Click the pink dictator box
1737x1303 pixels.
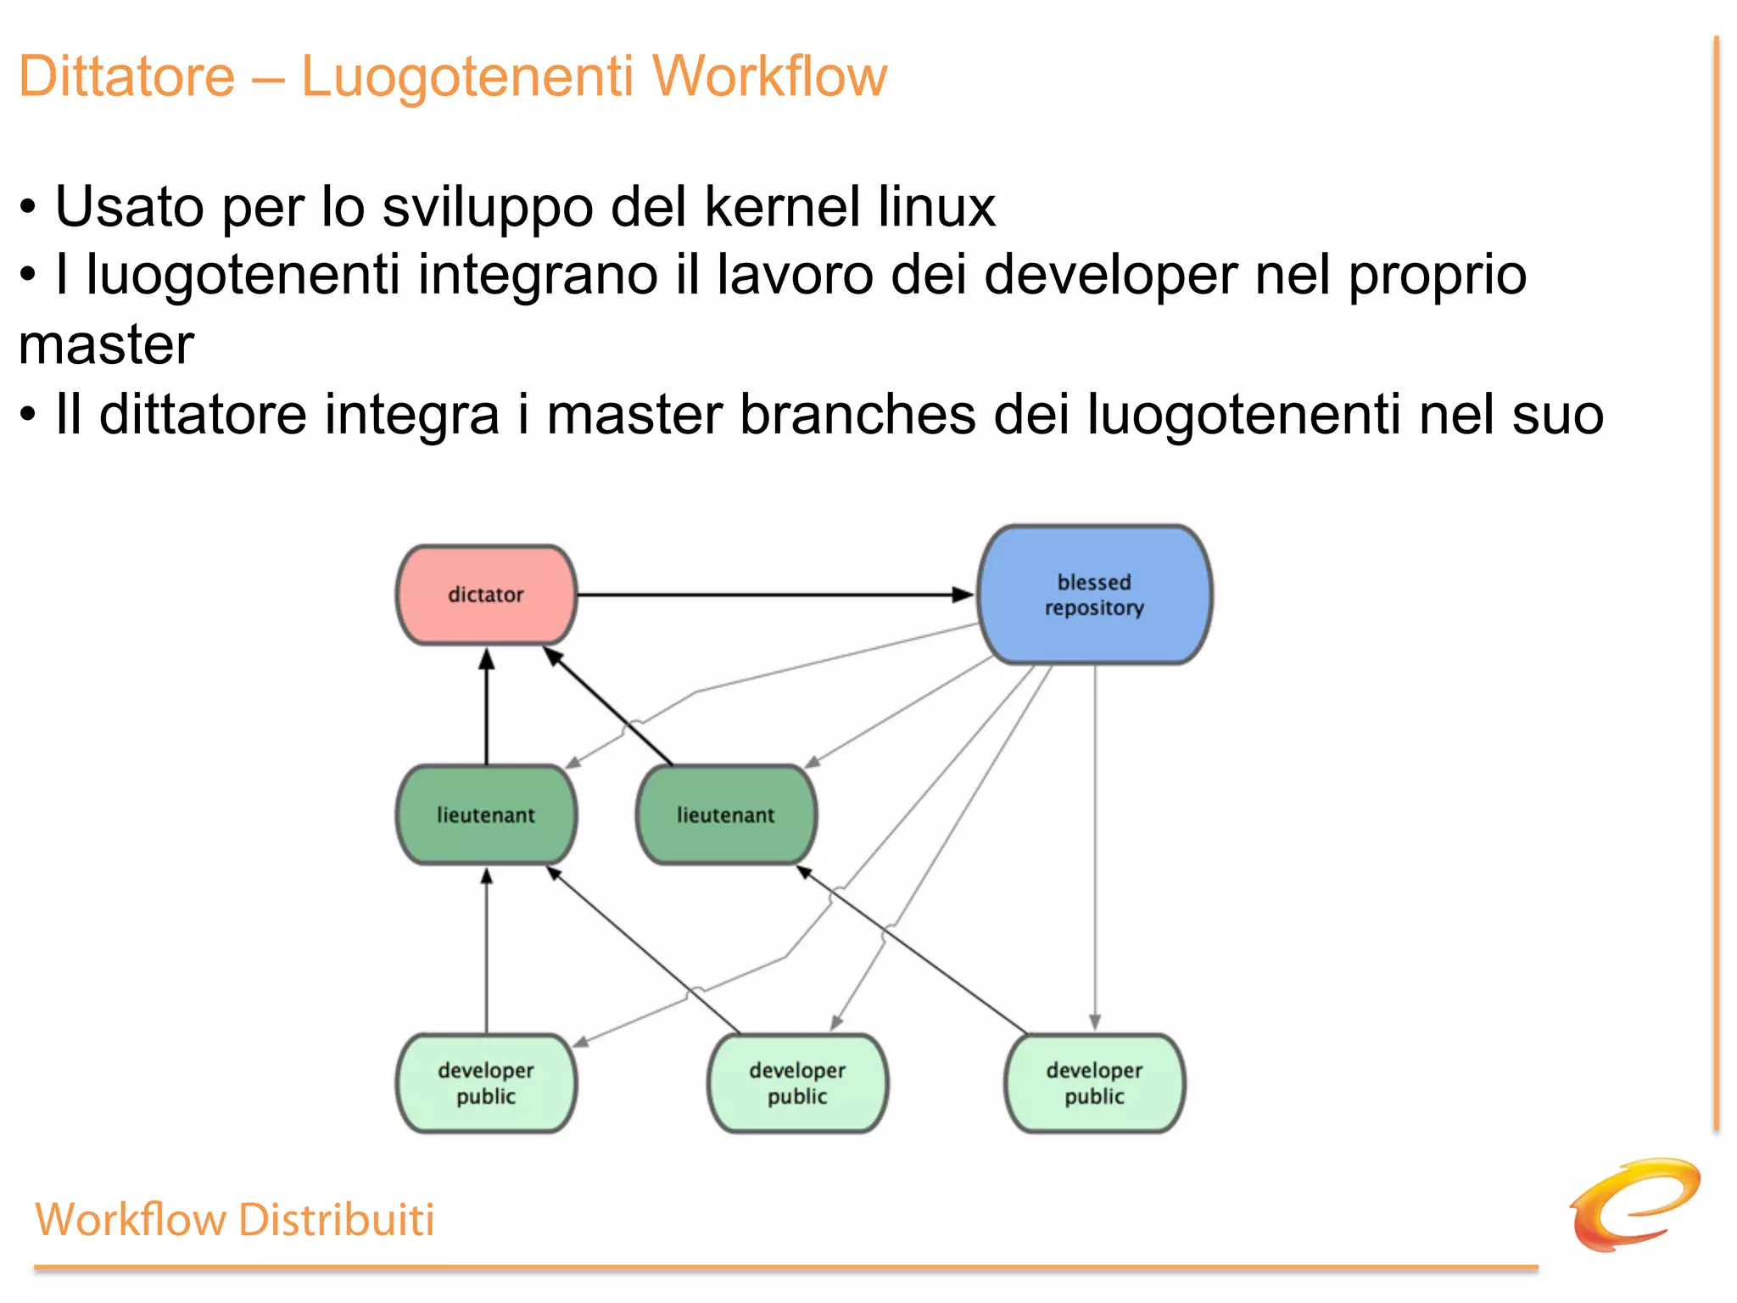pyautogui.click(x=486, y=595)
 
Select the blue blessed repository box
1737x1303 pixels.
pyautogui.click(x=1094, y=595)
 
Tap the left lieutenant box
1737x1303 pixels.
pyautogui.click(x=486, y=815)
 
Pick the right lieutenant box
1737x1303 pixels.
pyautogui.click(x=726, y=815)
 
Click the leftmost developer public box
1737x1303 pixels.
pyautogui.click(x=486, y=1083)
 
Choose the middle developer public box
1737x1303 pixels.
pyautogui.click(x=797, y=1083)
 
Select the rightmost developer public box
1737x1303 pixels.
pyautogui.click(x=1094, y=1083)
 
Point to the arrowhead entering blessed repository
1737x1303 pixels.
pyautogui.click(x=963, y=595)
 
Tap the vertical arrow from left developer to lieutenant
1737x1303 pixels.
pyautogui.click(x=486, y=950)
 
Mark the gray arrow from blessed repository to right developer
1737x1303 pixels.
pyautogui.click(x=1095, y=848)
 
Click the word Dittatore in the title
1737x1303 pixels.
pyautogui.click(x=126, y=76)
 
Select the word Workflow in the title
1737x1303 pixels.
pyautogui.click(x=768, y=76)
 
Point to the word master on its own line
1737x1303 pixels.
pyautogui.click(x=107, y=345)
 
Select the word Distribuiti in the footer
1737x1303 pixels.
pyautogui.click(x=336, y=1220)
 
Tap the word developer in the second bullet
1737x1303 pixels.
pyautogui.click(x=1111, y=277)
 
